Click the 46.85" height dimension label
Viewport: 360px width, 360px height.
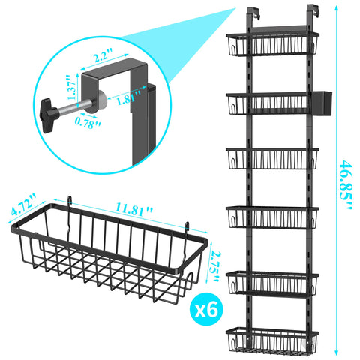pos(346,185)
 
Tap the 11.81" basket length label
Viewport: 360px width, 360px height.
pos(134,209)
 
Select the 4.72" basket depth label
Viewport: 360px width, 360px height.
pos(24,204)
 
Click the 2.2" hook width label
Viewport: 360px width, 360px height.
pos(103,56)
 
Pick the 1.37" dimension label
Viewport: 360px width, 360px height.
pos(71,87)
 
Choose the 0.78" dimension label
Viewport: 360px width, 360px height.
pos(88,124)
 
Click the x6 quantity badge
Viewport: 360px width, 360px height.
pos(206,310)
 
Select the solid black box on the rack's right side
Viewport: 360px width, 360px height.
pos(322,103)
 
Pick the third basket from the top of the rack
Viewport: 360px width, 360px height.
pos(272,159)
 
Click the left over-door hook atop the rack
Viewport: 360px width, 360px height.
pos(253,13)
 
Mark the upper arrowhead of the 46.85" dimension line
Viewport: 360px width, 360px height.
pos(336,8)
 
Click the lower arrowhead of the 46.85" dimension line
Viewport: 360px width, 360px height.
pos(336,352)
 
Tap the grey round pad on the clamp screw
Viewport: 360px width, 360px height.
pos(99,100)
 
